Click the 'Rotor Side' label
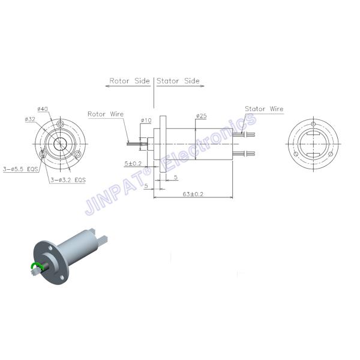pyautogui.click(x=130, y=80)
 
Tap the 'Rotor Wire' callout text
pyautogui.click(x=105, y=113)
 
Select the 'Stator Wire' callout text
pyautogui.click(x=264, y=109)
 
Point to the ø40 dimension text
pyautogui.click(x=43, y=109)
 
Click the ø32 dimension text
pyautogui.click(x=31, y=119)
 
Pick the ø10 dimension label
pyautogui.click(x=146, y=121)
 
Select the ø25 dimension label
pyautogui.click(x=202, y=115)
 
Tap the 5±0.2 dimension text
pyautogui.click(x=133, y=163)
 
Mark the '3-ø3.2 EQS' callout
pyautogui.click(x=68, y=179)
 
